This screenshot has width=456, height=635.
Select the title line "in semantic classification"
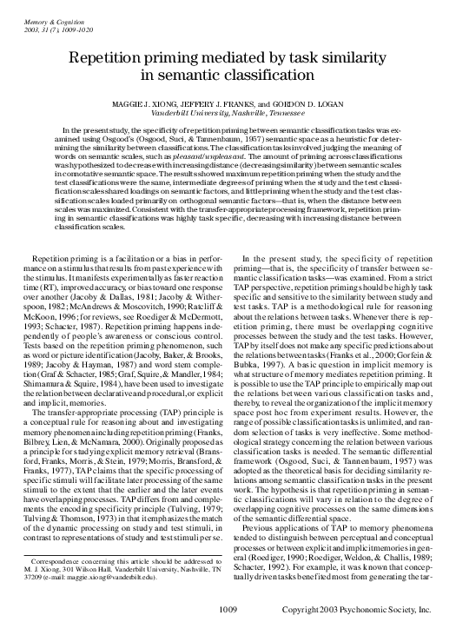tap(228, 76)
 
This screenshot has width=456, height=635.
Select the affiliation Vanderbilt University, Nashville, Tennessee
tap(228, 112)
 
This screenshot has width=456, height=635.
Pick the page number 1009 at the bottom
tap(228, 611)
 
